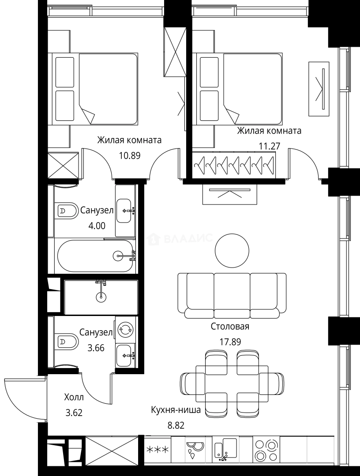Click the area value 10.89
(x=129, y=156)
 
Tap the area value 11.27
(x=269, y=146)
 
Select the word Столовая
(x=230, y=326)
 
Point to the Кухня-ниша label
(x=176, y=410)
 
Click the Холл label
(x=74, y=397)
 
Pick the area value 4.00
(x=97, y=226)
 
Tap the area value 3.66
(x=96, y=348)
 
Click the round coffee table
(x=232, y=250)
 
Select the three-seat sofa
(x=232, y=293)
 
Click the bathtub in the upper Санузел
(x=95, y=256)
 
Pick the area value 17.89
(x=230, y=342)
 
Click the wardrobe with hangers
(x=234, y=164)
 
